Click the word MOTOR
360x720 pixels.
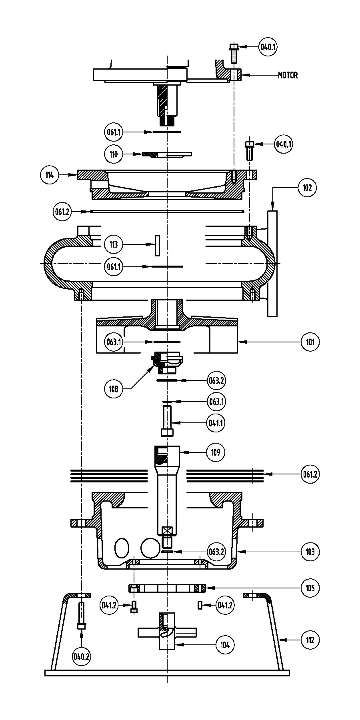[288, 75]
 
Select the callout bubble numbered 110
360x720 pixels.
[114, 154]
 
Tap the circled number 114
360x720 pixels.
[50, 175]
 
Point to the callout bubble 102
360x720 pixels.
[307, 187]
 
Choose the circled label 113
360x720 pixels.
[114, 244]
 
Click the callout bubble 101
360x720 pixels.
[310, 342]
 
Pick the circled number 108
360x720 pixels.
[114, 388]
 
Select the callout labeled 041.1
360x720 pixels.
[216, 422]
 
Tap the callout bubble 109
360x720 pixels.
[216, 452]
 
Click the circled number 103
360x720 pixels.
[310, 552]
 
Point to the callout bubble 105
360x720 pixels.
[310, 588]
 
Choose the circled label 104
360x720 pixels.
[225, 644]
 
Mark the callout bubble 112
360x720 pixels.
[310, 640]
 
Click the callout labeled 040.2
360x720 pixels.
[81, 656]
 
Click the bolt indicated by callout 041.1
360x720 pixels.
[167, 421]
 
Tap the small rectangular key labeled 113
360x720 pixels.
[158, 246]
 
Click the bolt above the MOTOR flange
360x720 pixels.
[234, 54]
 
